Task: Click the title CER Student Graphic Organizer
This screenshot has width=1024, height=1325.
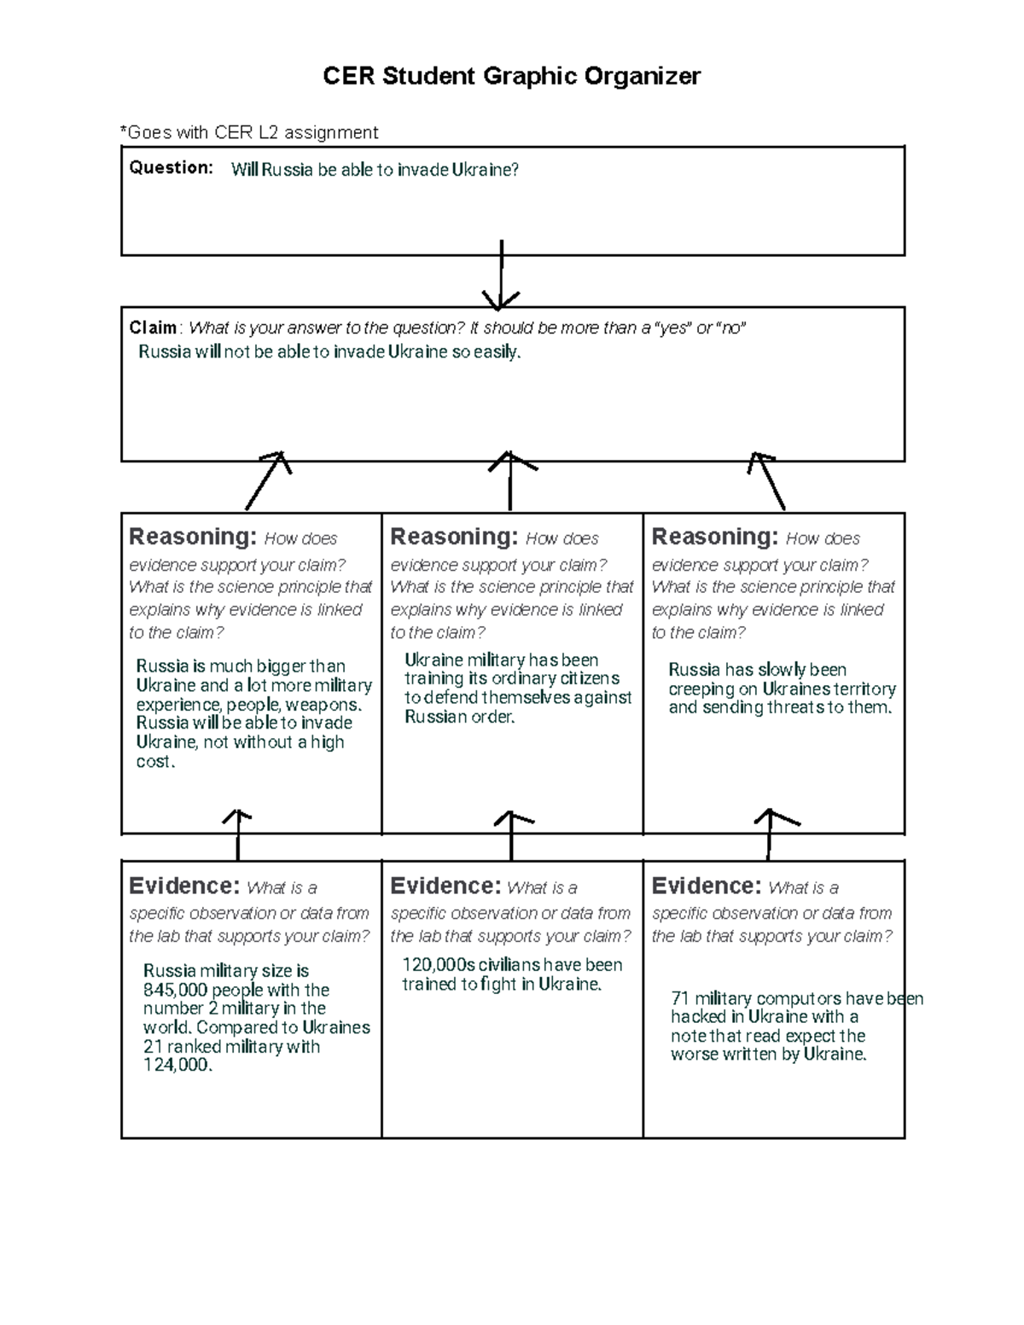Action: point(511,76)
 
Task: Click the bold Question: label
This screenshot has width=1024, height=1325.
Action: point(171,168)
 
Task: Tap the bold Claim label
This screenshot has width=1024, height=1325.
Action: point(153,328)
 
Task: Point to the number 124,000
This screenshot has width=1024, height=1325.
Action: point(177,1065)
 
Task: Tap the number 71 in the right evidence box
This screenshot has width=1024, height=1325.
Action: point(679,998)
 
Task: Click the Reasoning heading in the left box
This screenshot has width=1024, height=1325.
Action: point(192,537)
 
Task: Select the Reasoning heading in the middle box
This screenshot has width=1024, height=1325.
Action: point(453,537)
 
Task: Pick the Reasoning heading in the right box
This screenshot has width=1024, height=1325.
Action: point(714,537)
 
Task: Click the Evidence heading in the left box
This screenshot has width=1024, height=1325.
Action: point(183,886)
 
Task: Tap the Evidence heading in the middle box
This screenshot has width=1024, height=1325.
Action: point(445,886)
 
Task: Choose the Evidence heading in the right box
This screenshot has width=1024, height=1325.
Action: point(706,886)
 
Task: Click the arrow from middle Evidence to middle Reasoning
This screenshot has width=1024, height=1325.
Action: point(510,836)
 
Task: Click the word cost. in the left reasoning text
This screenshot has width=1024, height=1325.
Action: point(155,762)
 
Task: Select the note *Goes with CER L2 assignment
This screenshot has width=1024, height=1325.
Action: point(249,132)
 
